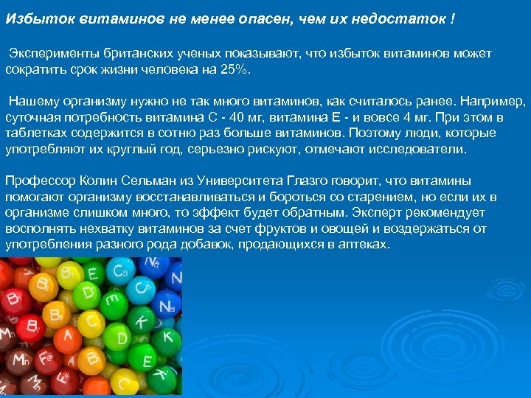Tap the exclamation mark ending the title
tap(452, 18)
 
